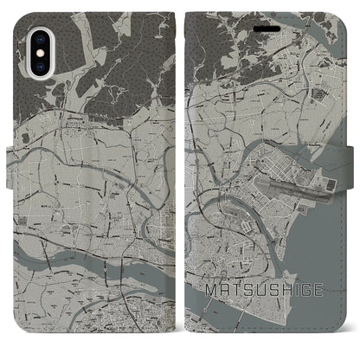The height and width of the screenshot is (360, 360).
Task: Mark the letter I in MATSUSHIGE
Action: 293,307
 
